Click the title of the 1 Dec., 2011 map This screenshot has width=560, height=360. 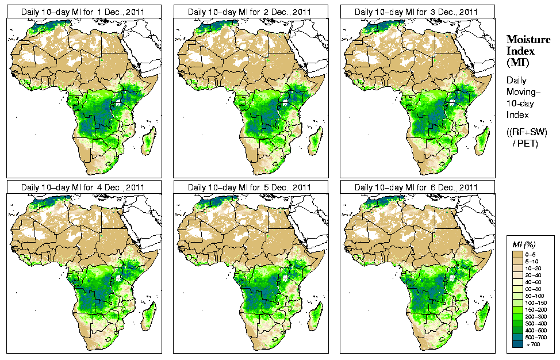(x=83, y=12)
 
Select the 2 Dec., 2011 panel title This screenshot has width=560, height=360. (x=250, y=12)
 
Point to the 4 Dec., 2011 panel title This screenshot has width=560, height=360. (x=83, y=187)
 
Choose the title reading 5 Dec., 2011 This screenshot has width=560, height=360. (x=250, y=187)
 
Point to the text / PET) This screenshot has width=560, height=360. (x=526, y=143)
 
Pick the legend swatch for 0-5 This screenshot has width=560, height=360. (x=517, y=254)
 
